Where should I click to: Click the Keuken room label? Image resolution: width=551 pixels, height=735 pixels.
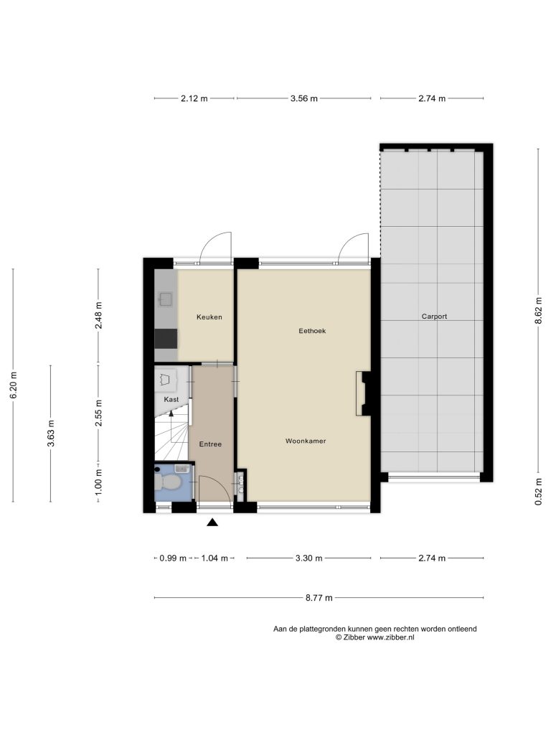point(209,317)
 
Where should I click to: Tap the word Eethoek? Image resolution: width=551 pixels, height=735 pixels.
point(312,330)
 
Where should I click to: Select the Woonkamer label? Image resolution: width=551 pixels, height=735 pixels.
point(306,441)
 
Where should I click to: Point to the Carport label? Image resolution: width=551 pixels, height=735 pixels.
point(434,317)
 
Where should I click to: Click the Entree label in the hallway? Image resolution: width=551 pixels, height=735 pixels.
point(210,444)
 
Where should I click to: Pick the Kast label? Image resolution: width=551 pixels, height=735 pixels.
point(171,399)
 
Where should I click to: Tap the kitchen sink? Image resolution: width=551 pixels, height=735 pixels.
point(165,299)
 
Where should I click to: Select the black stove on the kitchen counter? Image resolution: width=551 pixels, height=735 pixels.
point(166,339)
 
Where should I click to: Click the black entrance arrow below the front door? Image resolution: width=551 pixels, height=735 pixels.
point(212,523)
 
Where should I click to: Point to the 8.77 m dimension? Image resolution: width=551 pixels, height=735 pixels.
point(319,598)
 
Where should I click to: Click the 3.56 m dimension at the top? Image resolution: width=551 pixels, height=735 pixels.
point(304,98)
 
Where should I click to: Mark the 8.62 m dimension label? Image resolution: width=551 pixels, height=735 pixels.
point(539,310)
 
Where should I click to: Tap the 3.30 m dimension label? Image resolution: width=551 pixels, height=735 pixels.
point(309,558)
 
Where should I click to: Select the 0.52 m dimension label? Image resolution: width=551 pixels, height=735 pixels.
point(539,492)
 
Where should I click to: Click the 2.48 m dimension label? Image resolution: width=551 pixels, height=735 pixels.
point(98,316)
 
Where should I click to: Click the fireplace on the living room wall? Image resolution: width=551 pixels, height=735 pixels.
point(363,393)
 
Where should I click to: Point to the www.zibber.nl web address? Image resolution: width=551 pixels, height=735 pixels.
point(390,637)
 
